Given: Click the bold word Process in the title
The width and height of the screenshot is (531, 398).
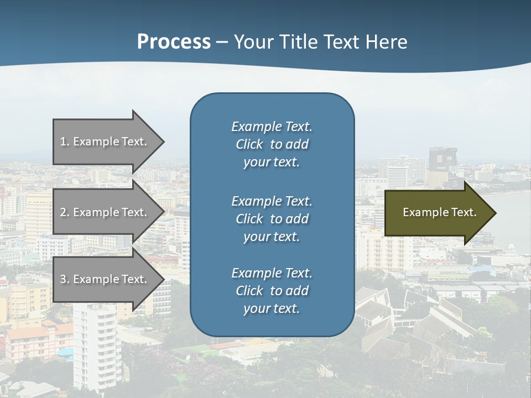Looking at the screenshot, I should [x=174, y=41].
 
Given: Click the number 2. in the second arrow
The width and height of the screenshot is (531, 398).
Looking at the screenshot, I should [x=64, y=212].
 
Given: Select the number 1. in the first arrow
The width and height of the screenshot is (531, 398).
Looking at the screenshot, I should [x=64, y=142].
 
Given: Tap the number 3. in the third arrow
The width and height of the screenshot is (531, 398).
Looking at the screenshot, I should [x=64, y=279].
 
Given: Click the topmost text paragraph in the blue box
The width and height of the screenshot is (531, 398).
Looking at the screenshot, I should [x=272, y=144].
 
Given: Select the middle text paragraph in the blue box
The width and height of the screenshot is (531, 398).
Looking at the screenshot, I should [x=272, y=218].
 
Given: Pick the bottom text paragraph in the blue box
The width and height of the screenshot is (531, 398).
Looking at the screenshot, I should [x=272, y=291].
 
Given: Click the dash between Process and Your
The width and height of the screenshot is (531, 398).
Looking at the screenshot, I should [x=222, y=42].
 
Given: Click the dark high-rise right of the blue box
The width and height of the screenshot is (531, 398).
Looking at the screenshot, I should [x=443, y=160].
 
